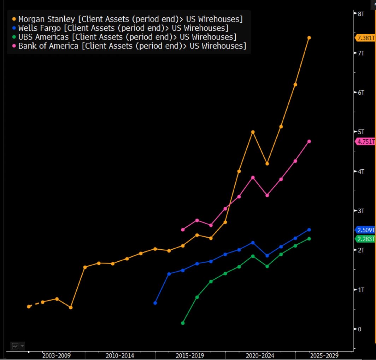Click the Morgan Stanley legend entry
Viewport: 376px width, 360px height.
coord(127,19)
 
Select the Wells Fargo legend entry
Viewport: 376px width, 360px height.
coord(120,28)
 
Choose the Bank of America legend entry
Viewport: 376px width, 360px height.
coord(129,46)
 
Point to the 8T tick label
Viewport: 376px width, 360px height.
coord(361,13)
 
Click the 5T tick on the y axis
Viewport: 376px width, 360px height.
coord(361,132)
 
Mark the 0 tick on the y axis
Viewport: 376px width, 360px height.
coord(359,329)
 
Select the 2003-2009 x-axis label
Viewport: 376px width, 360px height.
coord(57,355)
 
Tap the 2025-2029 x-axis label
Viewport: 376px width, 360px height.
coord(324,355)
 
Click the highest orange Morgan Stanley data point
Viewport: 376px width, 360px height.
coord(309,37)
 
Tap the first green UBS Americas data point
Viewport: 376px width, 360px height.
coord(183,323)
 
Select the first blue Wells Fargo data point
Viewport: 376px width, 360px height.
coord(155,303)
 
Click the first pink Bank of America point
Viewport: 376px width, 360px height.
coord(183,230)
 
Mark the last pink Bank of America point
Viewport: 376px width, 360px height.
coord(309,141)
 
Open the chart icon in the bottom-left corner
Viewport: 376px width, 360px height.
coord(15,346)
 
